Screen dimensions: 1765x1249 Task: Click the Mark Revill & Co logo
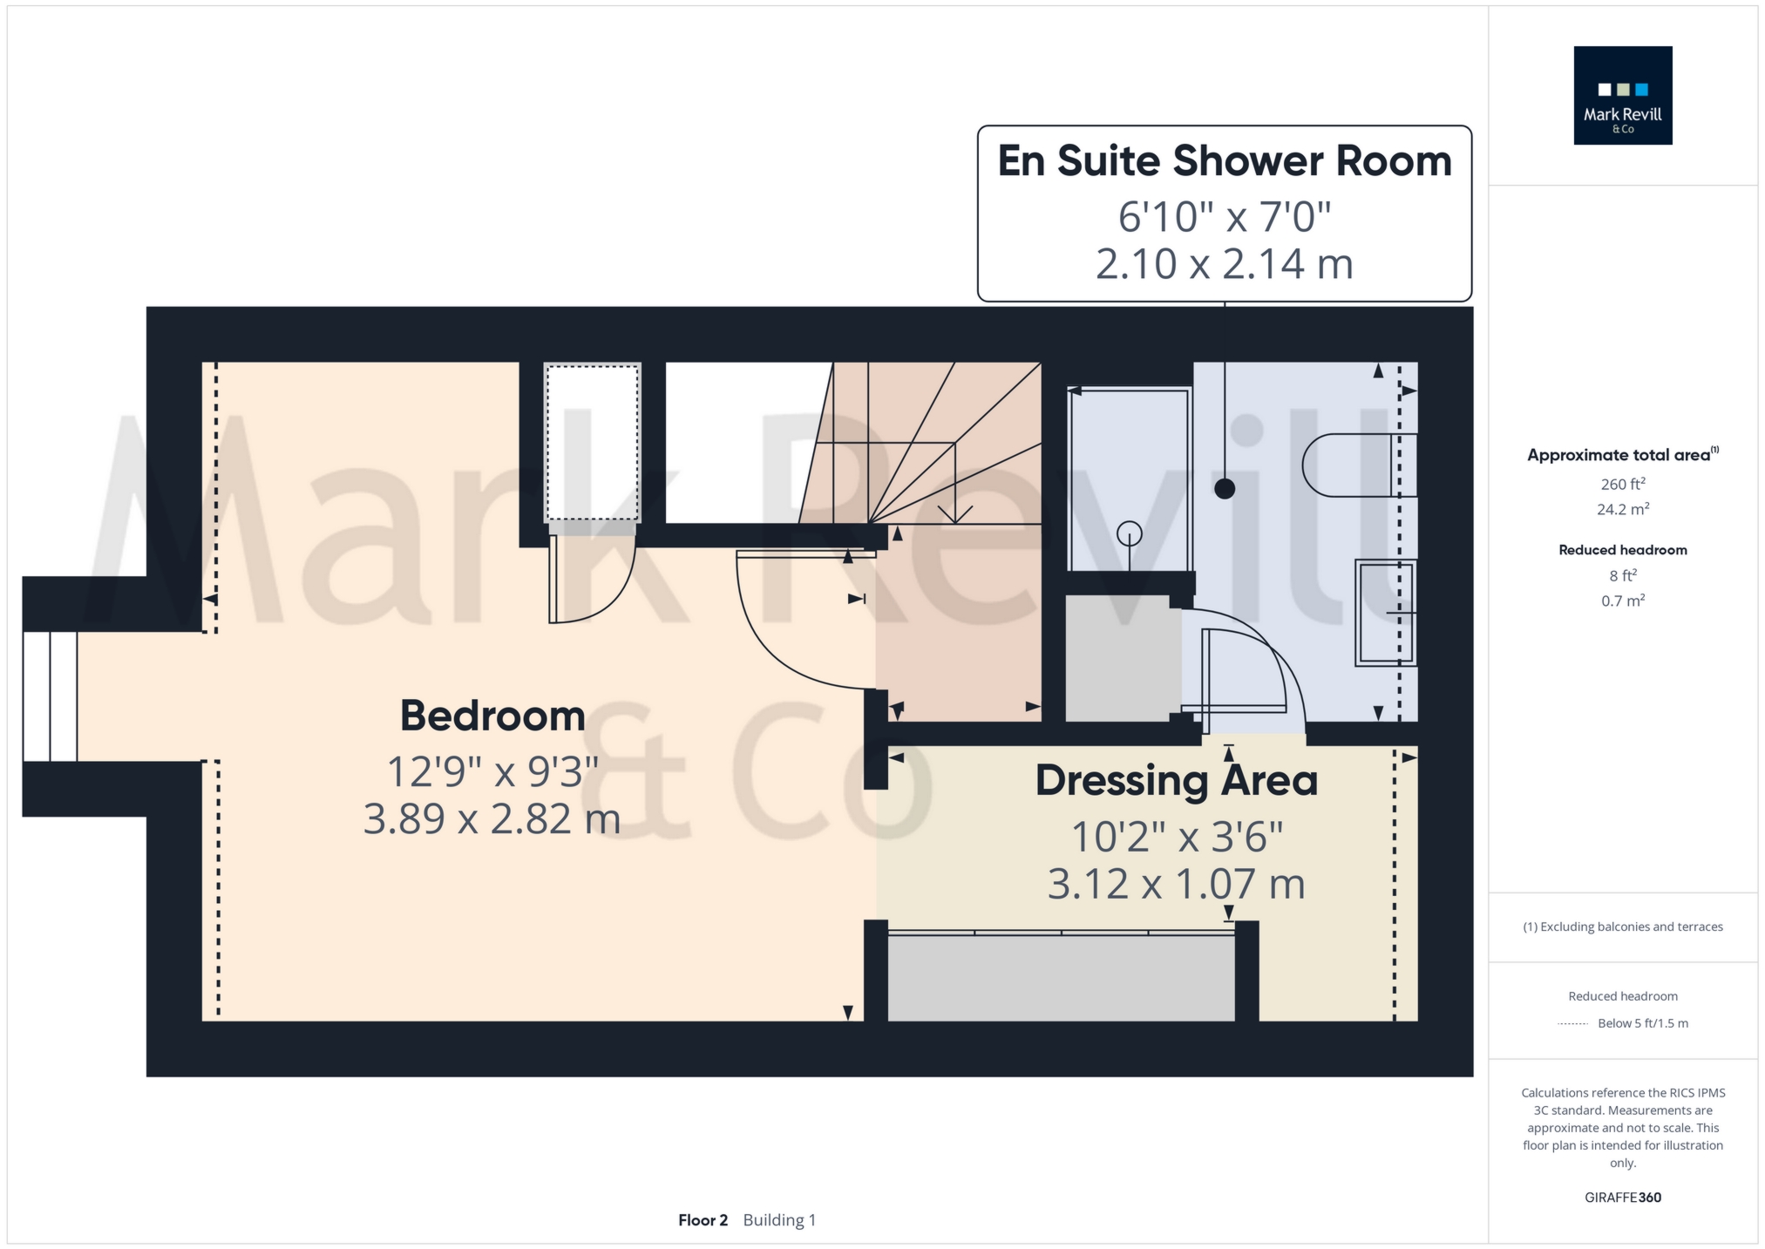(x=1622, y=95)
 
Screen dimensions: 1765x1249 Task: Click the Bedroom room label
(x=492, y=716)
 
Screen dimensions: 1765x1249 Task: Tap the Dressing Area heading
(x=1176, y=780)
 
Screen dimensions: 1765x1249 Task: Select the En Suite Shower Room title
(x=1225, y=161)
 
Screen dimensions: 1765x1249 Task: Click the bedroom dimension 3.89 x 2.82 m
(x=492, y=818)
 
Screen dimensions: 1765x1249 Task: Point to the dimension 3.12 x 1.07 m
(x=1176, y=884)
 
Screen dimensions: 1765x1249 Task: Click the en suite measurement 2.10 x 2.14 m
(x=1225, y=263)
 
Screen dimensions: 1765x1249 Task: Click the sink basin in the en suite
(x=1386, y=613)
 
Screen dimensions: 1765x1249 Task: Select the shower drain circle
(x=1130, y=533)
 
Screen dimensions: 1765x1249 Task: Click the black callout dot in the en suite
(x=1225, y=489)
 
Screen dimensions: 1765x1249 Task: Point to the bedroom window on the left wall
(x=51, y=696)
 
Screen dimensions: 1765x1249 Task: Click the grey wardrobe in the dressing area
(x=1061, y=975)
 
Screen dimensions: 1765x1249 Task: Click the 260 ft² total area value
(x=1622, y=484)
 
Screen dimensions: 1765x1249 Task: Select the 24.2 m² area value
(x=1622, y=509)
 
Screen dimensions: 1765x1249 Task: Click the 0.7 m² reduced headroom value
(x=1622, y=601)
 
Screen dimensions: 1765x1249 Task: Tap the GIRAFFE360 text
(x=1622, y=1198)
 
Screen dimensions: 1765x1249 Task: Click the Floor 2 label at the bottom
(x=703, y=1220)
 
